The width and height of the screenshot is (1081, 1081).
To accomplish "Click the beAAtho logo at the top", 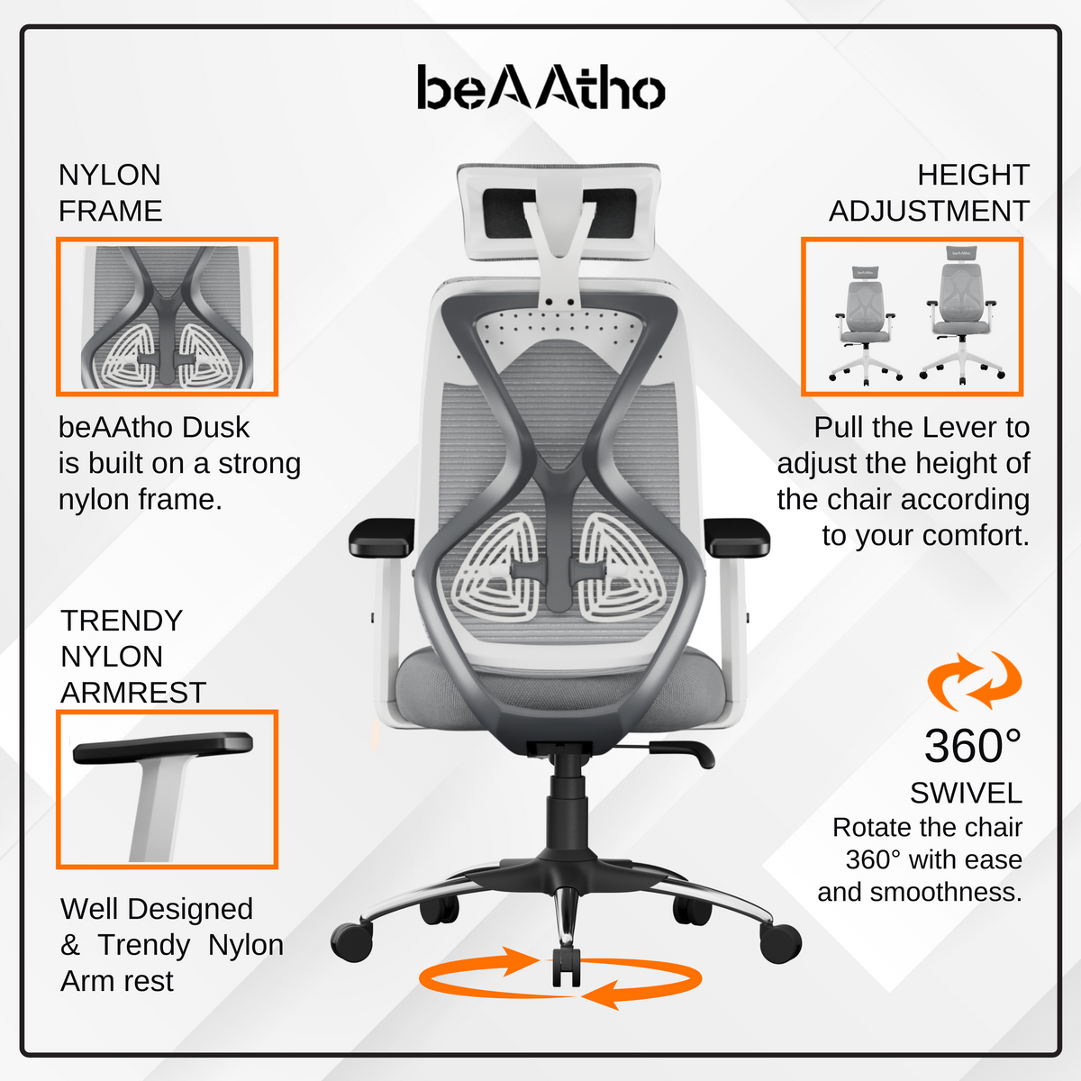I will tap(540, 88).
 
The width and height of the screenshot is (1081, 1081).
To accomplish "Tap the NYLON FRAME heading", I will tap(110, 193).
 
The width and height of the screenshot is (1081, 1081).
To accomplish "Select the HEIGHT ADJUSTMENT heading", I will tap(929, 193).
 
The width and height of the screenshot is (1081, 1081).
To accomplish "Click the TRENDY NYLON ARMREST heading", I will tap(133, 657).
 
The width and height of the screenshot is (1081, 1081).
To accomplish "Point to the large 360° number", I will tap(973, 746).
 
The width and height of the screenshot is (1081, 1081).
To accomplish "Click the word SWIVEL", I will tap(966, 793).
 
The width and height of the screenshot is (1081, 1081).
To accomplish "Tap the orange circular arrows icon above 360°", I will tap(975, 681).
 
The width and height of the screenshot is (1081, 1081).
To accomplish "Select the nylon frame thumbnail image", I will tap(167, 316).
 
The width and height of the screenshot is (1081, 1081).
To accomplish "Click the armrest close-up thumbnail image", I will tap(167, 789).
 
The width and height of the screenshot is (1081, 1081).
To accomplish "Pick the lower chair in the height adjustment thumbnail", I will tap(865, 324).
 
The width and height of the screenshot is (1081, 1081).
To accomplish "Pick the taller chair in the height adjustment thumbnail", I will tap(961, 315).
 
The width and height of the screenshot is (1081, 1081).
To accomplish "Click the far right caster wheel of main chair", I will tap(780, 942).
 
